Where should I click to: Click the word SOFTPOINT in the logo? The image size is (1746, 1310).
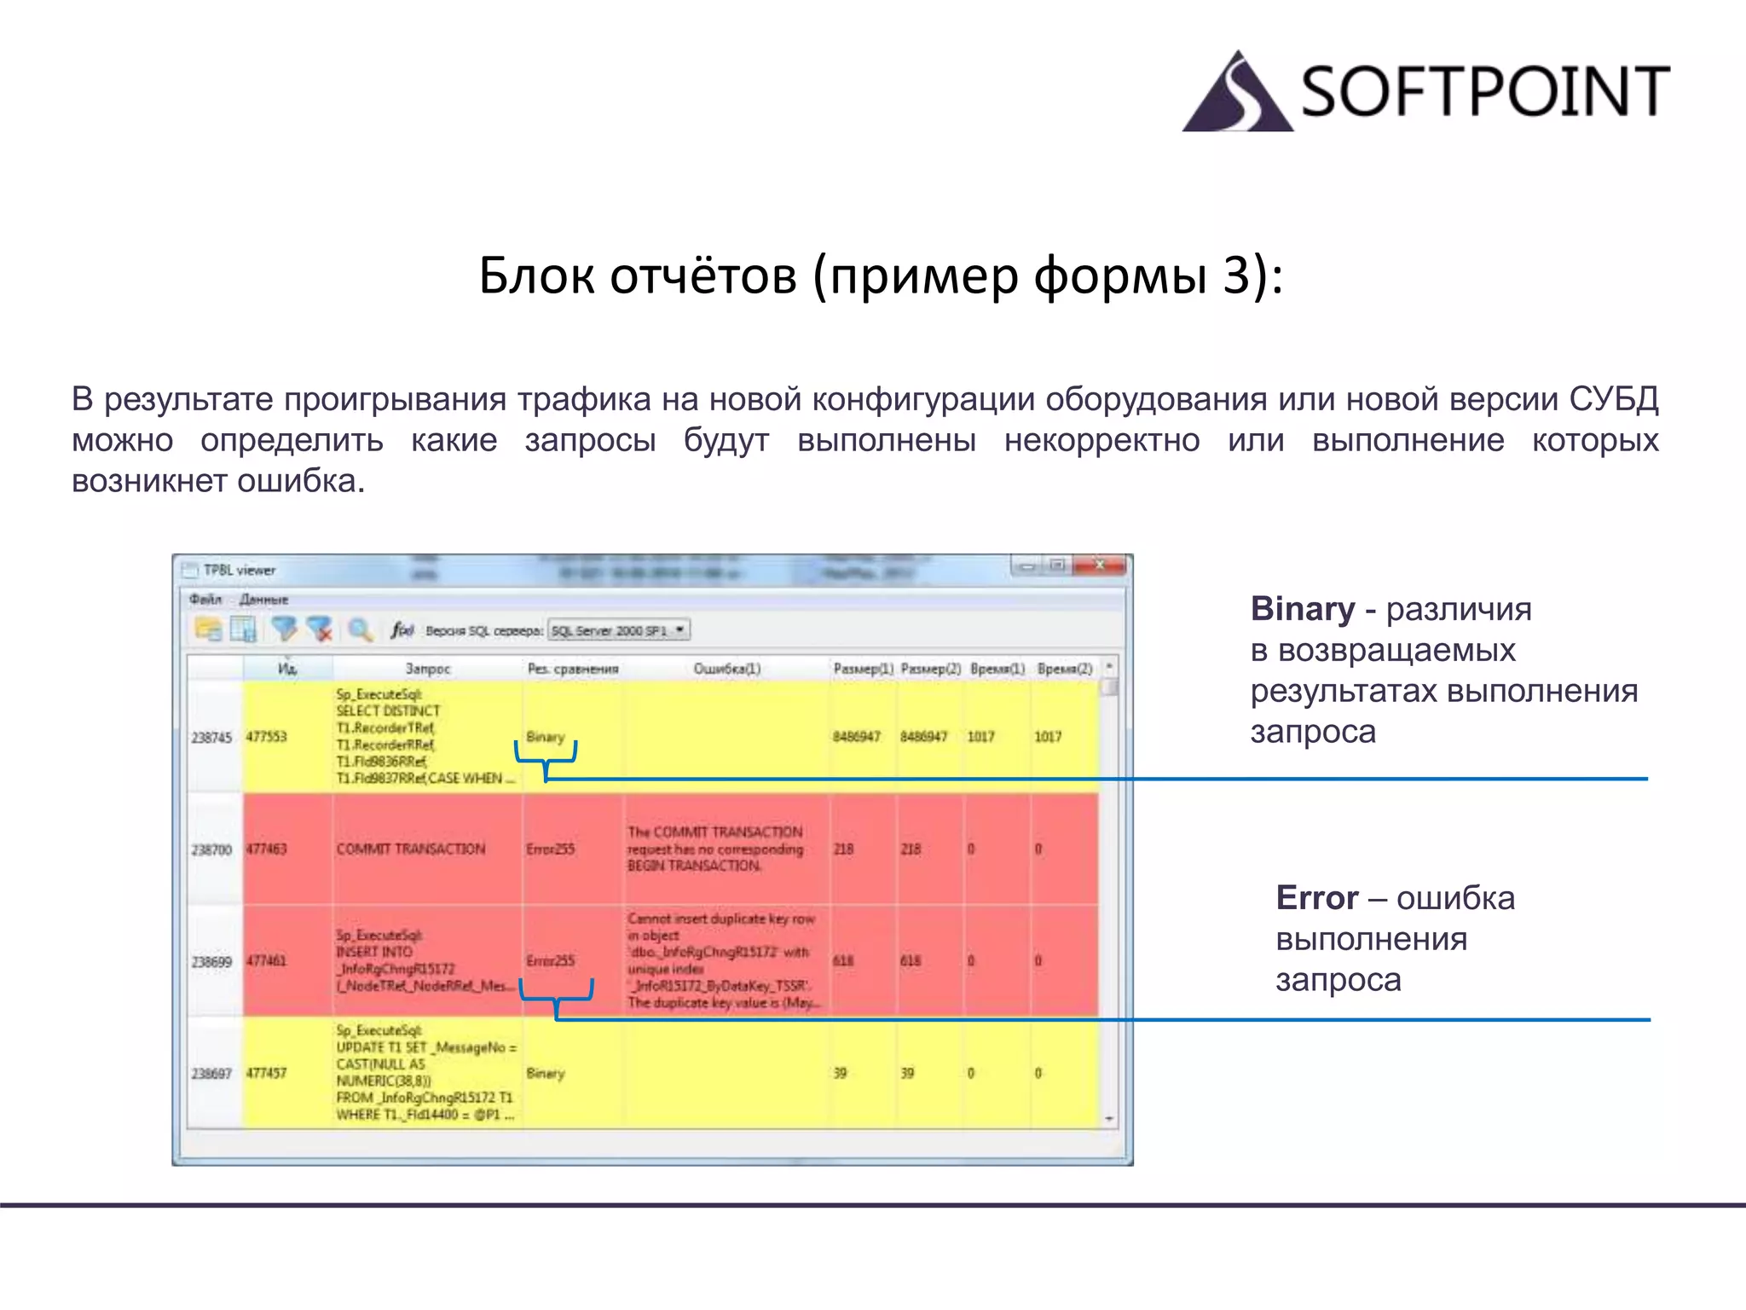coord(1484,91)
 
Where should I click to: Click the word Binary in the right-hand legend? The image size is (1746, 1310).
coord(1302,609)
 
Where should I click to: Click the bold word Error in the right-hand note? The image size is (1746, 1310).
coord(1316,898)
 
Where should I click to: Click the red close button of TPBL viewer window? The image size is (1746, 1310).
coord(1101,565)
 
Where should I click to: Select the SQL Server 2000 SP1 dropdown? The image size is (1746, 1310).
coord(618,630)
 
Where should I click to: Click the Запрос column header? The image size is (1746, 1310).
coord(427,669)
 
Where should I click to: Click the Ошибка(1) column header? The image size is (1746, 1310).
coord(726,669)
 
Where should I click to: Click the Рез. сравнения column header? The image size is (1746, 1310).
coord(572,669)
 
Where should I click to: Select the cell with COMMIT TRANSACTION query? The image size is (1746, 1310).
coord(411,849)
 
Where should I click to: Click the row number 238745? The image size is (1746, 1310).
coord(211,737)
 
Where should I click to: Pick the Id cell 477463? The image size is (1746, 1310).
coord(267,849)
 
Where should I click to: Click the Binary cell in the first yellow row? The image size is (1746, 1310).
coord(546,736)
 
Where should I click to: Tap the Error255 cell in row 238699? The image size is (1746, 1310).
coord(551,961)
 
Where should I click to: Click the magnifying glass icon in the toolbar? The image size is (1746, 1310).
coord(360,630)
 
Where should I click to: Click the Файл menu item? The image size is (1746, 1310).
coord(205,600)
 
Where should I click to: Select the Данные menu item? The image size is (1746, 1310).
coord(263,600)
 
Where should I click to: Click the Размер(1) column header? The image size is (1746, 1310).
coord(862,669)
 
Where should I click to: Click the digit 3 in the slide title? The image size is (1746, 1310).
coord(1236,276)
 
